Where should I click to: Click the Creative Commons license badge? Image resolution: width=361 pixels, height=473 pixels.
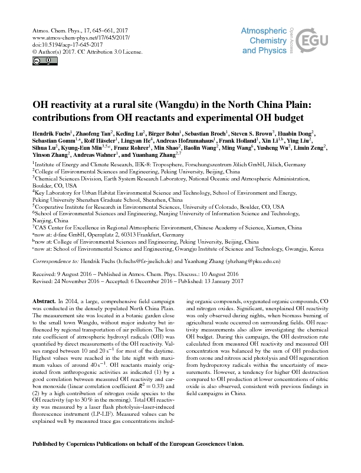point(37,60)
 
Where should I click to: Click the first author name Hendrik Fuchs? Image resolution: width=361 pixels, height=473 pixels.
point(48,135)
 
